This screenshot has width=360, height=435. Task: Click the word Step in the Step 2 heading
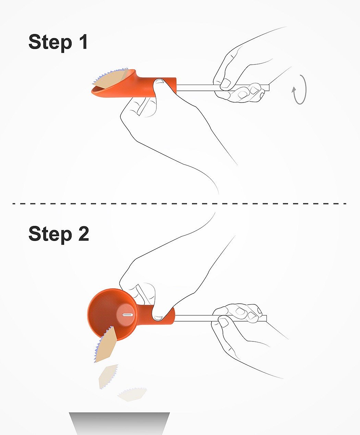[50, 234]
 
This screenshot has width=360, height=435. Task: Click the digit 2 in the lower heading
[84, 233]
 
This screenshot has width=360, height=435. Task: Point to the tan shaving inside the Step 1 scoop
[110, 80]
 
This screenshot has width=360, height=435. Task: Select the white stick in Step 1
[223, 87]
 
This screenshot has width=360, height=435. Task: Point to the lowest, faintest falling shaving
[132, 394]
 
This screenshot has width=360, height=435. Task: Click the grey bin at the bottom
[119, 424]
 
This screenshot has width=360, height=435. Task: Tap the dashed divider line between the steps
[179, 204]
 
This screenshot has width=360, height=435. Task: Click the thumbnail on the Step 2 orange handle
[158, 318]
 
